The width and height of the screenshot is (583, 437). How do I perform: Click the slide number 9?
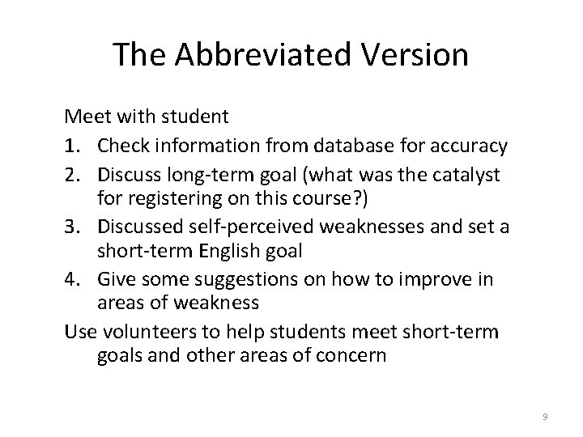coord(545,416)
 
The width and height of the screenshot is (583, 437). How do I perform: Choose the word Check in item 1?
coord(126,146)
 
